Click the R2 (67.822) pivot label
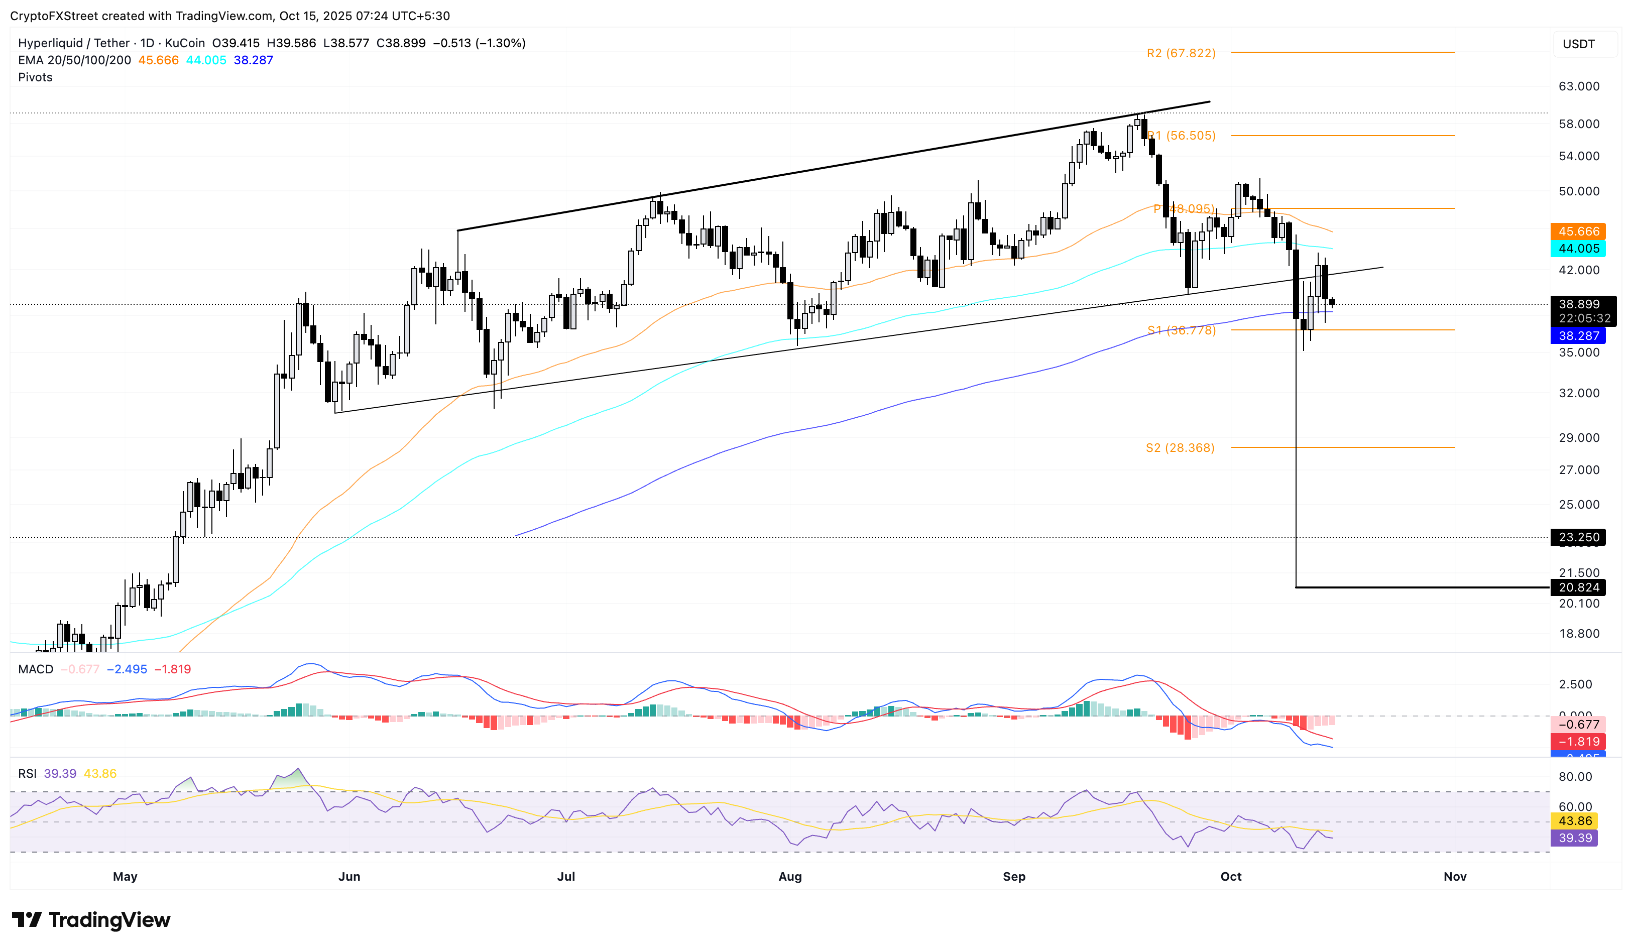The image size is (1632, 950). [1181, 53]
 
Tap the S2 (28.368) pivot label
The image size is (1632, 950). [1180, 447]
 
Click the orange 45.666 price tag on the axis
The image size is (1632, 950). [1578, 231]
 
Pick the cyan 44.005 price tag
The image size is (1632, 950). [1578, 249]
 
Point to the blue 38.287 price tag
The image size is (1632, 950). [1578, 335]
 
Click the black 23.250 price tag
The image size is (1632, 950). [1578, 537]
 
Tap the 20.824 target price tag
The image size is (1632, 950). [1578, 587]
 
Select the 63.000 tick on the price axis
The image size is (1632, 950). [1578, 86]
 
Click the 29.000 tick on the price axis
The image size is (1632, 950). [1578, 438]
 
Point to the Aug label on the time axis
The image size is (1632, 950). [789, 876]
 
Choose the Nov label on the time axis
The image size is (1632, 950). [1455, 876]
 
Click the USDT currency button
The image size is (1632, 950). [1578, 44]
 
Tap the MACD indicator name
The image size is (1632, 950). [36, 669]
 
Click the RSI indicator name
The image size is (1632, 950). [27, 773]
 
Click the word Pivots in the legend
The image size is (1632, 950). [35, 77]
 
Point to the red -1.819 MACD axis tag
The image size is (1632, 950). [1578, 742]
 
